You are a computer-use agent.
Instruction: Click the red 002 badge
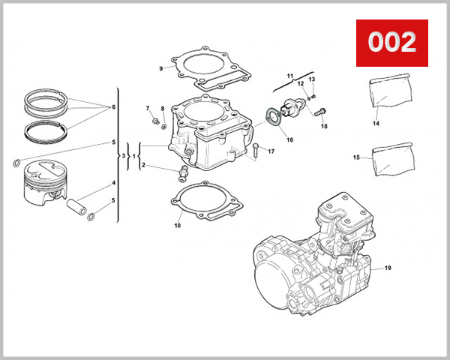[x=391, y=42]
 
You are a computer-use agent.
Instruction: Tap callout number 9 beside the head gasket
[x=160, y=69]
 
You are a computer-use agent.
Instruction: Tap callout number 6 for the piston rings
[x=114, y=107]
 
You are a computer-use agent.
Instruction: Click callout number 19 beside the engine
[x=388, y=268]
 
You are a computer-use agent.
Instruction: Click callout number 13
[x=312, y=79]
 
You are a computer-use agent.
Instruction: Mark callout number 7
[x=148, y=109]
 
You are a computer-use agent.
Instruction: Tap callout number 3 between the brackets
[x=124, y=156]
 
